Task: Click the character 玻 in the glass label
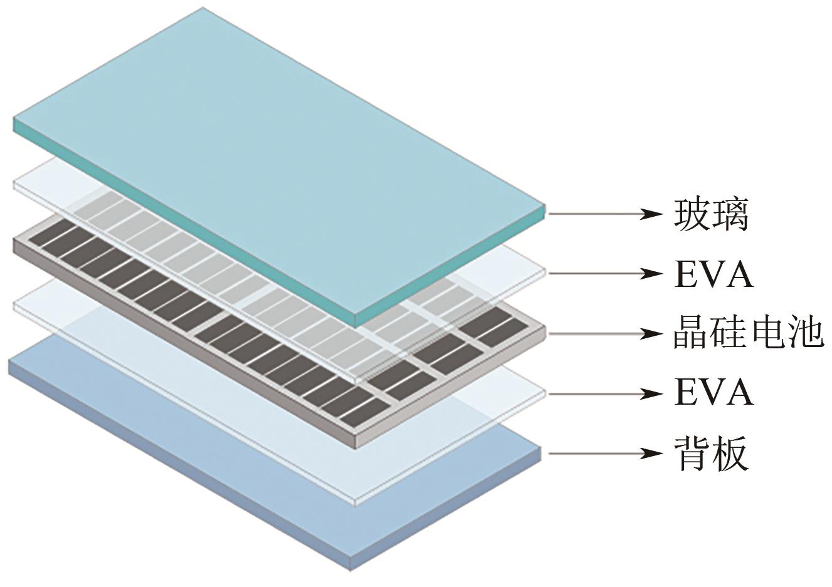(x=692, y=214)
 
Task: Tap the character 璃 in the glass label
(x=730, y=214)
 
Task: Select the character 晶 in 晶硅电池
(x=692, y=333)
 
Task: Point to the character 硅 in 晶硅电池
(x=729, y=333)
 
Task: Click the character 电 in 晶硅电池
(x=767, y=333)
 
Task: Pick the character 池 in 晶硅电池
(x=805, y=333)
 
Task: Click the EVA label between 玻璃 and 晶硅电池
(x=714, y=274)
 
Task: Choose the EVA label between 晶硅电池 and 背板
(x=714, y=393)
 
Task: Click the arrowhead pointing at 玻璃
(x=652, y=214)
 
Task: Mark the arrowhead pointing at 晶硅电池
(x=652, y=333)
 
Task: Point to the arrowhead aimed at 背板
(x=652, y=452)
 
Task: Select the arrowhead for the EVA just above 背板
(x=652, y=393)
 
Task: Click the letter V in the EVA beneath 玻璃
(x=714, y=274)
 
